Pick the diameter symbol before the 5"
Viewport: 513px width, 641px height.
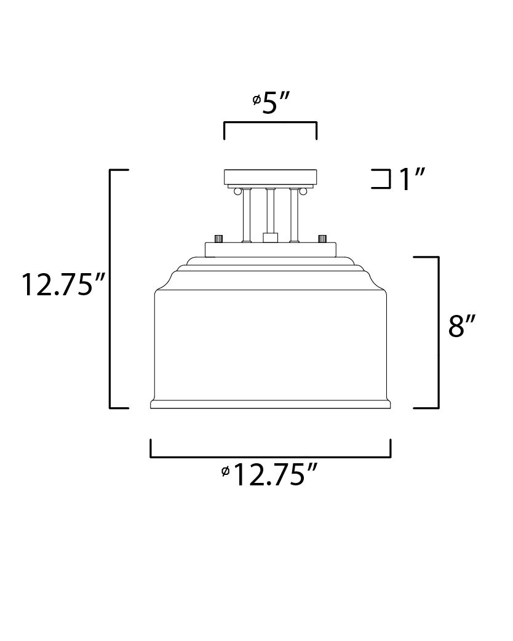[x=256, y=100]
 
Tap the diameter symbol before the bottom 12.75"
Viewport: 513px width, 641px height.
[x=226, y=472]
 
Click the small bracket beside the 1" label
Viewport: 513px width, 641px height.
[x=384, y=178]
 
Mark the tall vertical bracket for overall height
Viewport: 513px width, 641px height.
[x=110, y=288]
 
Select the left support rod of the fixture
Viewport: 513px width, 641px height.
[x=245, y=215]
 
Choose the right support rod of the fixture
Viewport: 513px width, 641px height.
[x=293, y=215]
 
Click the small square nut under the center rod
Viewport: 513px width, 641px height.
[x=269, y=237]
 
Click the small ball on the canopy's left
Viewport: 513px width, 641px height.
[x=236, y=192]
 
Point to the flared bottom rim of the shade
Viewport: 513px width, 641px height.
[x=270, y=404]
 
